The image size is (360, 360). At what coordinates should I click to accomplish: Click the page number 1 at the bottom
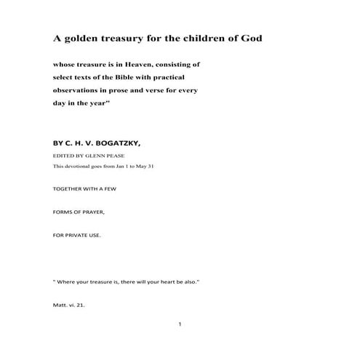click(179, 324)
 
